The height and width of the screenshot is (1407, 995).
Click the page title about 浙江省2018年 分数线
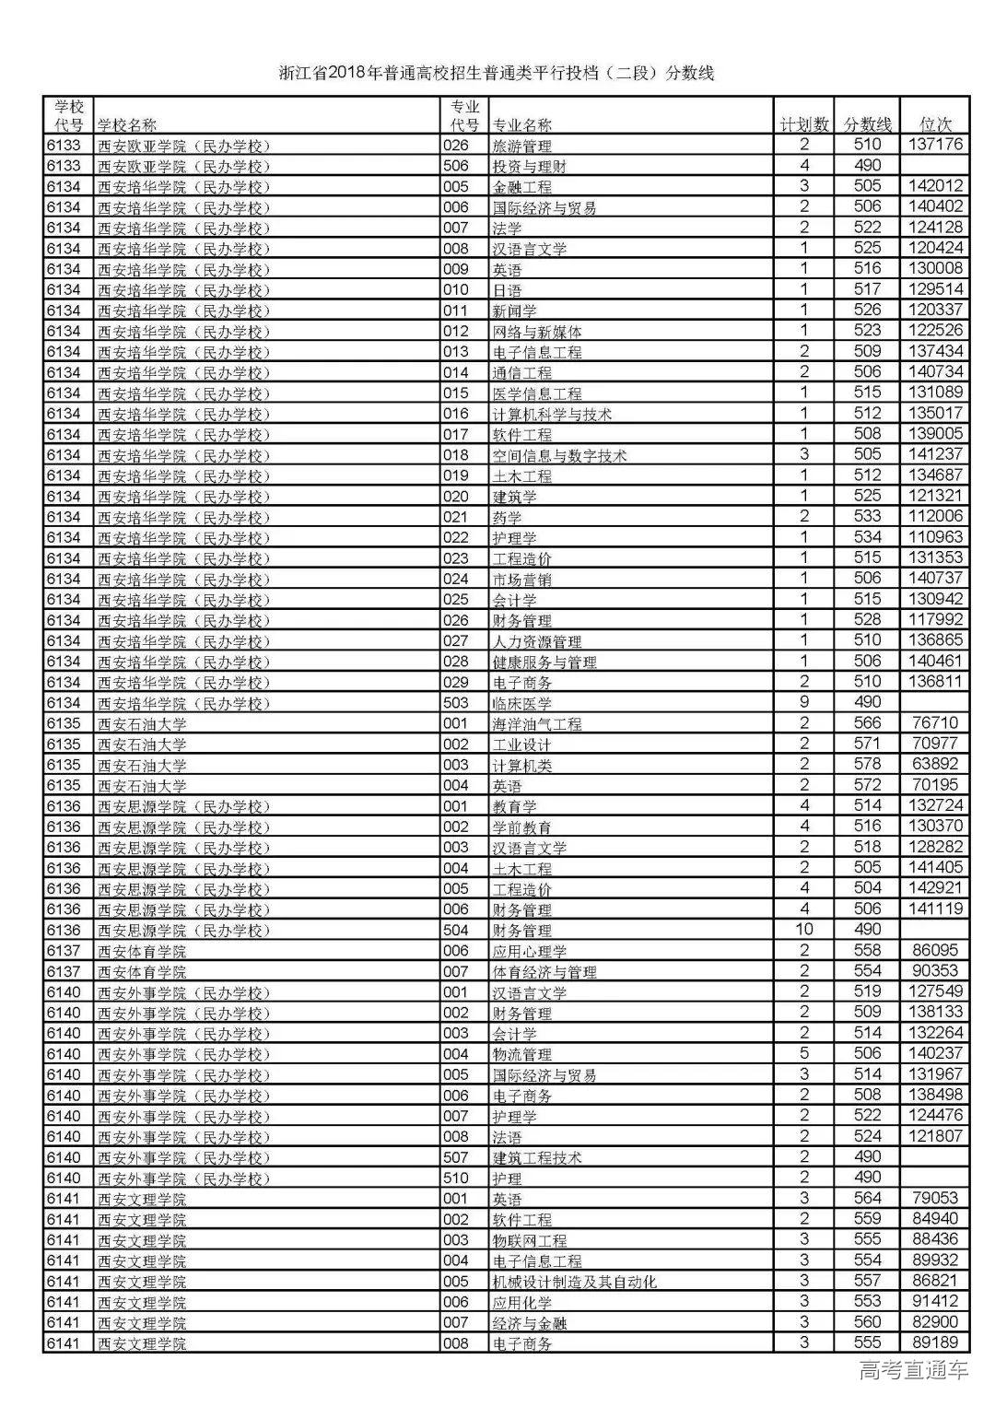point(497,74)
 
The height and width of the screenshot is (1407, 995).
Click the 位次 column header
point(935,124)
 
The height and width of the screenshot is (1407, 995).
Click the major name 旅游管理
point(521,146)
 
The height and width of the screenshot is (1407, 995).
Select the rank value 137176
point(935,145)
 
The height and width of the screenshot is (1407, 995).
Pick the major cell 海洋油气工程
point(536,724)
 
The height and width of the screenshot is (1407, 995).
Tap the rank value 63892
point(935,764)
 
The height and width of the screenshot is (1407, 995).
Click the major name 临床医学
point(521,704)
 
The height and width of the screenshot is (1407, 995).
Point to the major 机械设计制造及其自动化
point(574,1282)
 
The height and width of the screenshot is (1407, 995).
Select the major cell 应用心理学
point(529,951)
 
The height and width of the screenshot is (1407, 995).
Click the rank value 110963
point(935,537)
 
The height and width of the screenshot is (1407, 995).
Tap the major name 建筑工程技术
point(536,1157)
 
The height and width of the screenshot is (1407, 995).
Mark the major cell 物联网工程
point(529,1240)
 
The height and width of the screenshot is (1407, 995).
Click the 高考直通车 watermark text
point(913,1371)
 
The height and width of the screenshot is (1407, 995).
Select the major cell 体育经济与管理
point(544,972)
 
